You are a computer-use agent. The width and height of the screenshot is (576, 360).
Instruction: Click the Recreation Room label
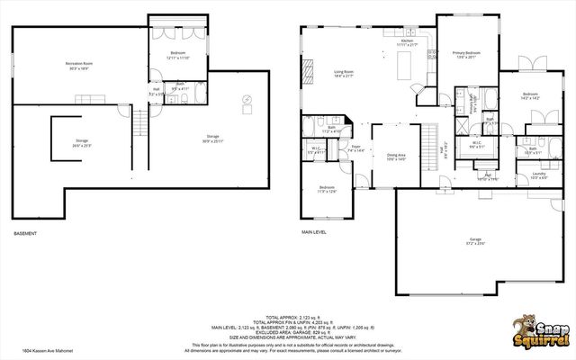(81, 63)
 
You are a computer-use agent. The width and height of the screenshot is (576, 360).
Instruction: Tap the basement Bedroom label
(177, 54)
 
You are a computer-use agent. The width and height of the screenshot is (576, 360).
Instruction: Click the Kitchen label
(407, 40)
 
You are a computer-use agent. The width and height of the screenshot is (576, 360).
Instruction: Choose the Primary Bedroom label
(463, 52)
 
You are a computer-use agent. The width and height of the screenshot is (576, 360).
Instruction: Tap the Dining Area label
(396, 155)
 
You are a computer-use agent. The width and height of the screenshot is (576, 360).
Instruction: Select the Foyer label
(356, 146)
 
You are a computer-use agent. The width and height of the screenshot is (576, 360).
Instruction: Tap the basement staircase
(140, 123)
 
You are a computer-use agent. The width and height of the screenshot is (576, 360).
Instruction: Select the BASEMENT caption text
(25, 234)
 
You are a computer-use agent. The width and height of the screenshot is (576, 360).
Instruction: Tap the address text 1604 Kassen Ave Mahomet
(47, 351)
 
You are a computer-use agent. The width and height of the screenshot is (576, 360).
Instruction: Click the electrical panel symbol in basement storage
(246, 99)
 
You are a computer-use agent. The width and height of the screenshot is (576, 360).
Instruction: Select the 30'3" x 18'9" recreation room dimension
(81, 68)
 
